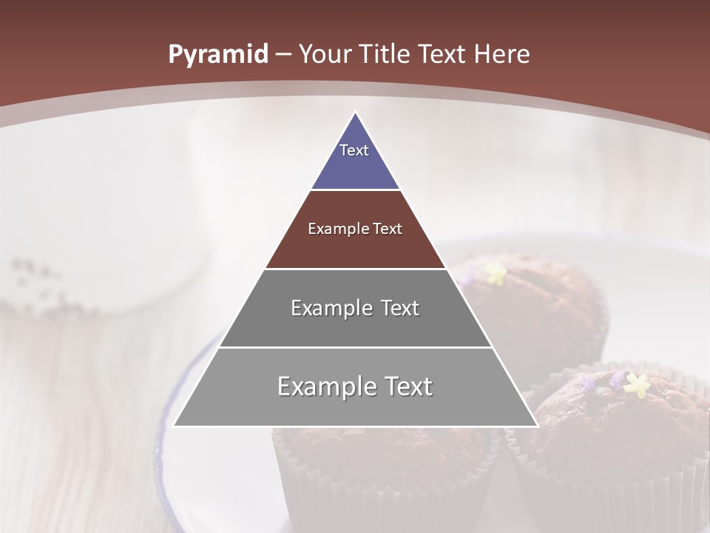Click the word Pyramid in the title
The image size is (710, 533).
coord(217,55)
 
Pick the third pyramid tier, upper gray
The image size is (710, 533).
coord(355,326)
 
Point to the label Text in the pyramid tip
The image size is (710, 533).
coord(354,150)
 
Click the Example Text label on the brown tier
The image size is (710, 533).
coord(355,229)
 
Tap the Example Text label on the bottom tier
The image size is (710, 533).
coord(355,386)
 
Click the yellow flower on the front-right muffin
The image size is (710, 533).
coord(636,384)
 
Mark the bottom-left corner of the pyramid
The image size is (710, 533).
coord(174,426)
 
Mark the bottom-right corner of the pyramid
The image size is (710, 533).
coord(537,426)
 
